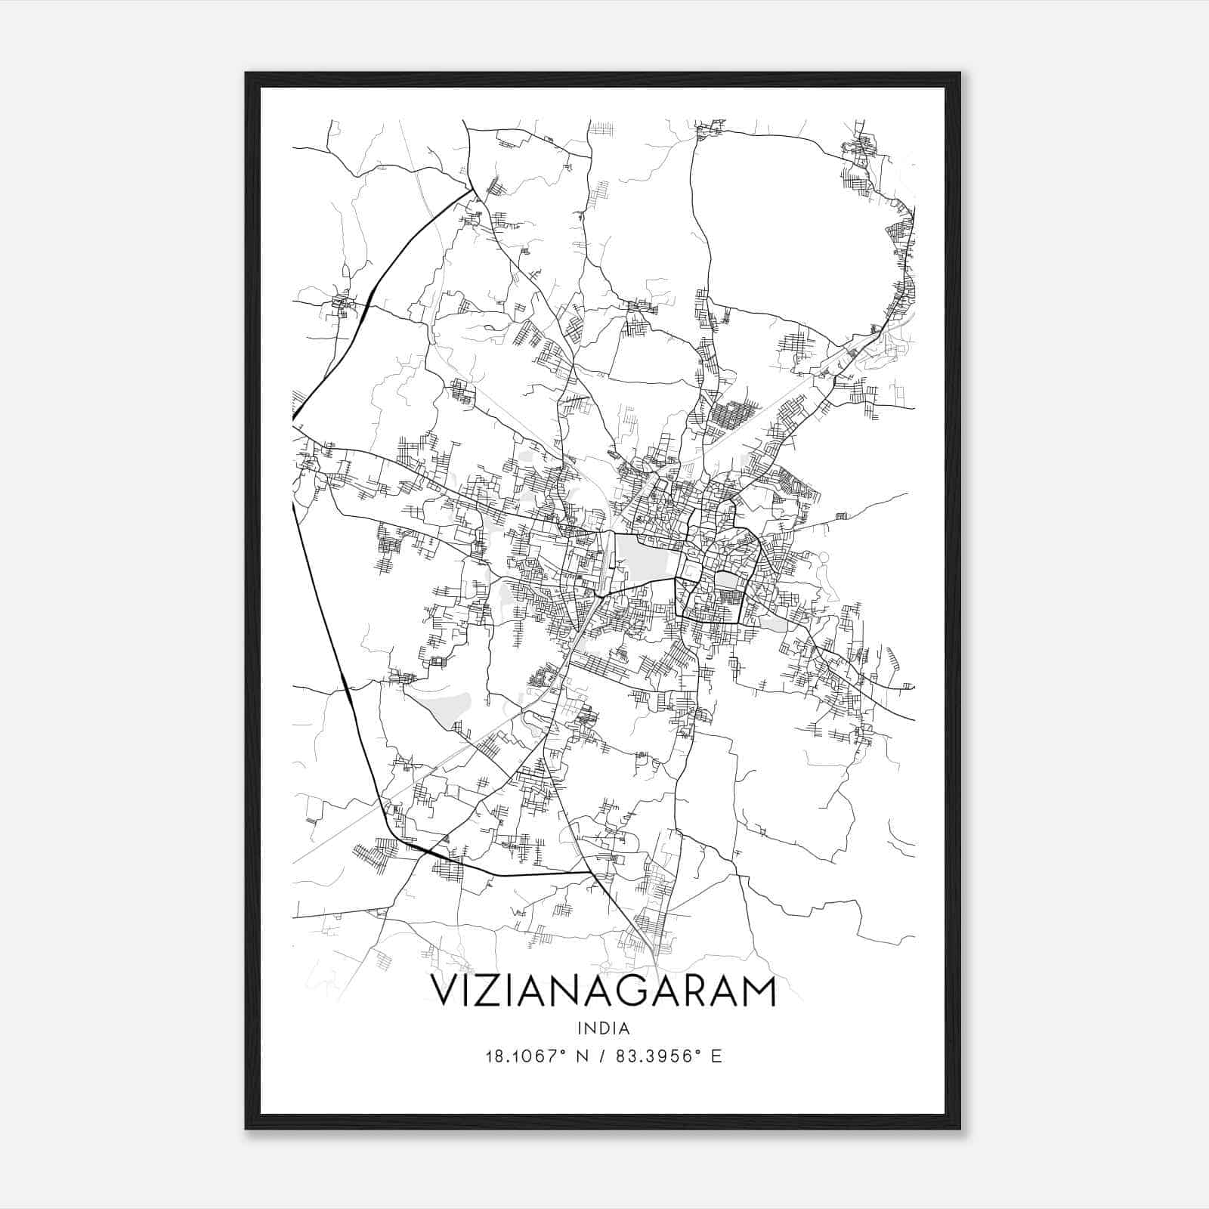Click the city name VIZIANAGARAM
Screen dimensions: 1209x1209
coord(603,991)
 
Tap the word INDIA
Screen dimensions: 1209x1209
coord(603,1028)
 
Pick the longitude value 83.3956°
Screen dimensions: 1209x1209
coord(654,1056)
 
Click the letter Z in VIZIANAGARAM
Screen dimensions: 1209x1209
coord(491,991)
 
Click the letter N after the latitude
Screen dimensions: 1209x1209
coord(583,1056)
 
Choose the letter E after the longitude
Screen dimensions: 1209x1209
coord(716,1056)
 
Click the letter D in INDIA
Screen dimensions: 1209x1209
coord(604,1028)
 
